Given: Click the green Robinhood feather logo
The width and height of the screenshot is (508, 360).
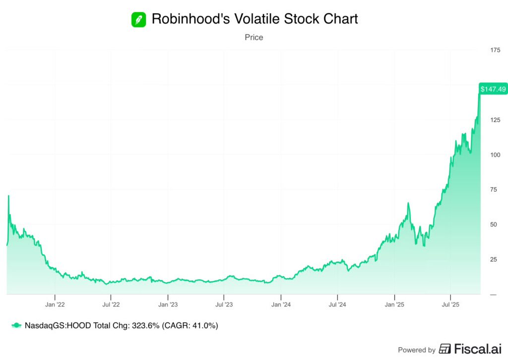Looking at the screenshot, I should [138, 19].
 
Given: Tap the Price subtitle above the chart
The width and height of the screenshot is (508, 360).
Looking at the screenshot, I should [254, 37].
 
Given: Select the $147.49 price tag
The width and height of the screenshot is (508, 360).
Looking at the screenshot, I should [493, 89].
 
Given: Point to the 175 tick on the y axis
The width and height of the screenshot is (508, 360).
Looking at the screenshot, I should [495, 50].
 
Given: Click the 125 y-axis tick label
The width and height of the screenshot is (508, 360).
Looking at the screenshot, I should [495, 120].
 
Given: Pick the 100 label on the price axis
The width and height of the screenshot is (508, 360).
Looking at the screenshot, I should [495, 155].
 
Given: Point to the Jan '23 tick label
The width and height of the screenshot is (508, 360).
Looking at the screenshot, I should [168, 304].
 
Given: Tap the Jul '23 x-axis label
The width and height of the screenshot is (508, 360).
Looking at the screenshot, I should [224, 304].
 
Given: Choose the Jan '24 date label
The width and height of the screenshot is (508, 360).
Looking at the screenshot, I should [281, 304].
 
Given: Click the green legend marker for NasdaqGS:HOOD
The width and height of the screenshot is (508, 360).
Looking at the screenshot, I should [17, 326].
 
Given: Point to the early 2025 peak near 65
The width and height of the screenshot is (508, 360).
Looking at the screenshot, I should [408, 203].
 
